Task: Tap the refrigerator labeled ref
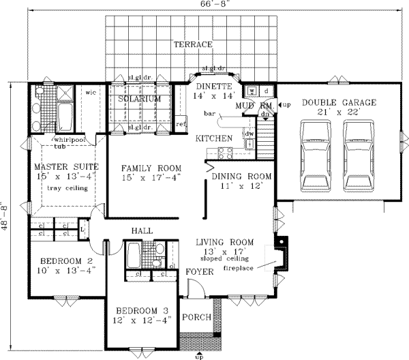click(x=181, y=124)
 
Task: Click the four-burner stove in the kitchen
click(x=222, y=151)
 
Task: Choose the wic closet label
click(x=89, y=92)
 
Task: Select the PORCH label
click(x=198, y=317)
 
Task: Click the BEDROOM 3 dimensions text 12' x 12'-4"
click(x=142, y=318)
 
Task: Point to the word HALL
click(x=142, y=231)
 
